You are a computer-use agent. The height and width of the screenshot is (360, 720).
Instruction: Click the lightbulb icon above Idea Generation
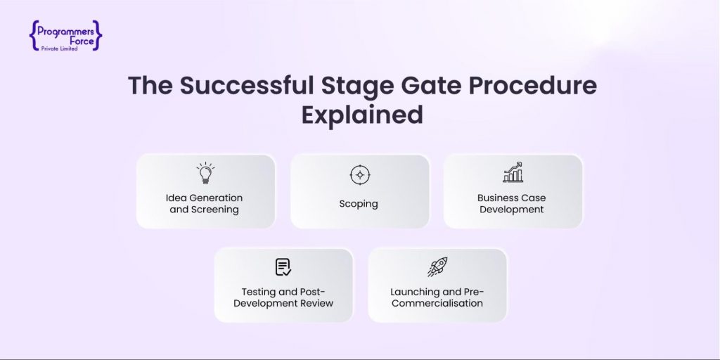(x=205, y=173)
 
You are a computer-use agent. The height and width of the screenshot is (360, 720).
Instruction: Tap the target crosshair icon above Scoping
(x=359, y=174)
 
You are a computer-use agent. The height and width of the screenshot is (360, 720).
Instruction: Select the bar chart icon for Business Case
(x=513, y=172)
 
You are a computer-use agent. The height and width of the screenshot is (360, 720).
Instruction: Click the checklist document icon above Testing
(x=283, y=267)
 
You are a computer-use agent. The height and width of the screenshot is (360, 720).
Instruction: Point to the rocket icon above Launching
(x=437, y=266)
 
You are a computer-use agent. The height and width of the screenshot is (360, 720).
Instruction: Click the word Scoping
(x=359, y=204)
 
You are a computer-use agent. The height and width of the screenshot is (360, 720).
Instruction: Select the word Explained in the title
(x=362, y=115)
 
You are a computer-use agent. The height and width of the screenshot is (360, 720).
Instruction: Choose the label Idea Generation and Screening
(x=205, y=203)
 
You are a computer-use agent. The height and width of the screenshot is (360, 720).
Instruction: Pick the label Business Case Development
(x=512, y=203)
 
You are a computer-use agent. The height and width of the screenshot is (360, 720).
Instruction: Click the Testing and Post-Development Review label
(x=283, y=297)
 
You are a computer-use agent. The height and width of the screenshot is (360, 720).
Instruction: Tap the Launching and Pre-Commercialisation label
(x=437, y=297)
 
